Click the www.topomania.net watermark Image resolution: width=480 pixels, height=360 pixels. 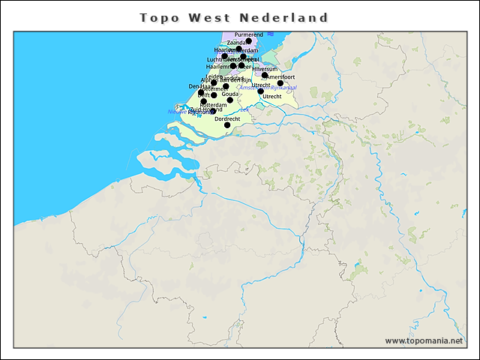click(x=424, y=341)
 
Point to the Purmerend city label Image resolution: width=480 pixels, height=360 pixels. click(x=248, y=35)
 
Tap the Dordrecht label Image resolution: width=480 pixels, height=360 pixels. click(x=227, y=118)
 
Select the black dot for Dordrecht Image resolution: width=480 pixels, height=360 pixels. click(x=227, y=125)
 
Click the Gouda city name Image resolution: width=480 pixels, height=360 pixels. click(x=230, y=94)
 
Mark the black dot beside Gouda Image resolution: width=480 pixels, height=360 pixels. click(x=230, y=100)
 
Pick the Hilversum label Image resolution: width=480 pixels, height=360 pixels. click(x=265, y=69)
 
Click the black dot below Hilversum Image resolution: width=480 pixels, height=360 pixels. click(x=265, y=75)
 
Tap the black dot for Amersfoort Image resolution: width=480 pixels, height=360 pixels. click(x=280, y=83)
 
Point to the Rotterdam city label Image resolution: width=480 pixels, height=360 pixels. click(x=213, y=105)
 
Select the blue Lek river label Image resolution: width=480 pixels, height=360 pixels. click(x=244, y=109)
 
